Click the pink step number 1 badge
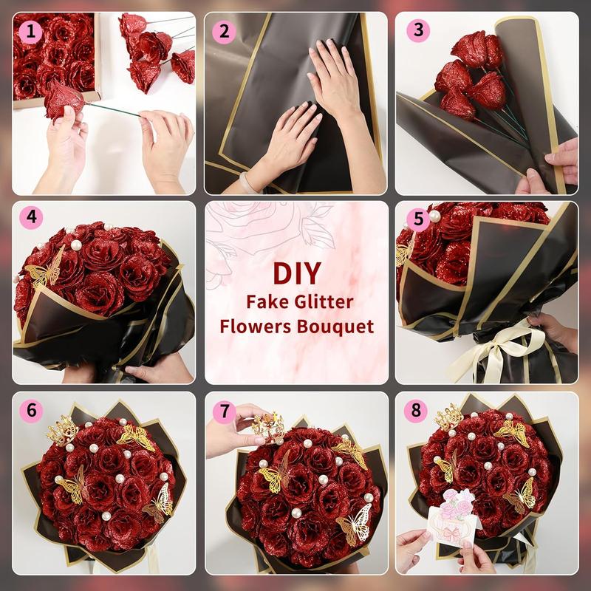coord(30,30)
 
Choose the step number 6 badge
coord(30,409)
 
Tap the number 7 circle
coord(222,409)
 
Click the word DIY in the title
coord(296,272)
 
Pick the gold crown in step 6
coord(63,428)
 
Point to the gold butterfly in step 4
coord(46,270)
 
